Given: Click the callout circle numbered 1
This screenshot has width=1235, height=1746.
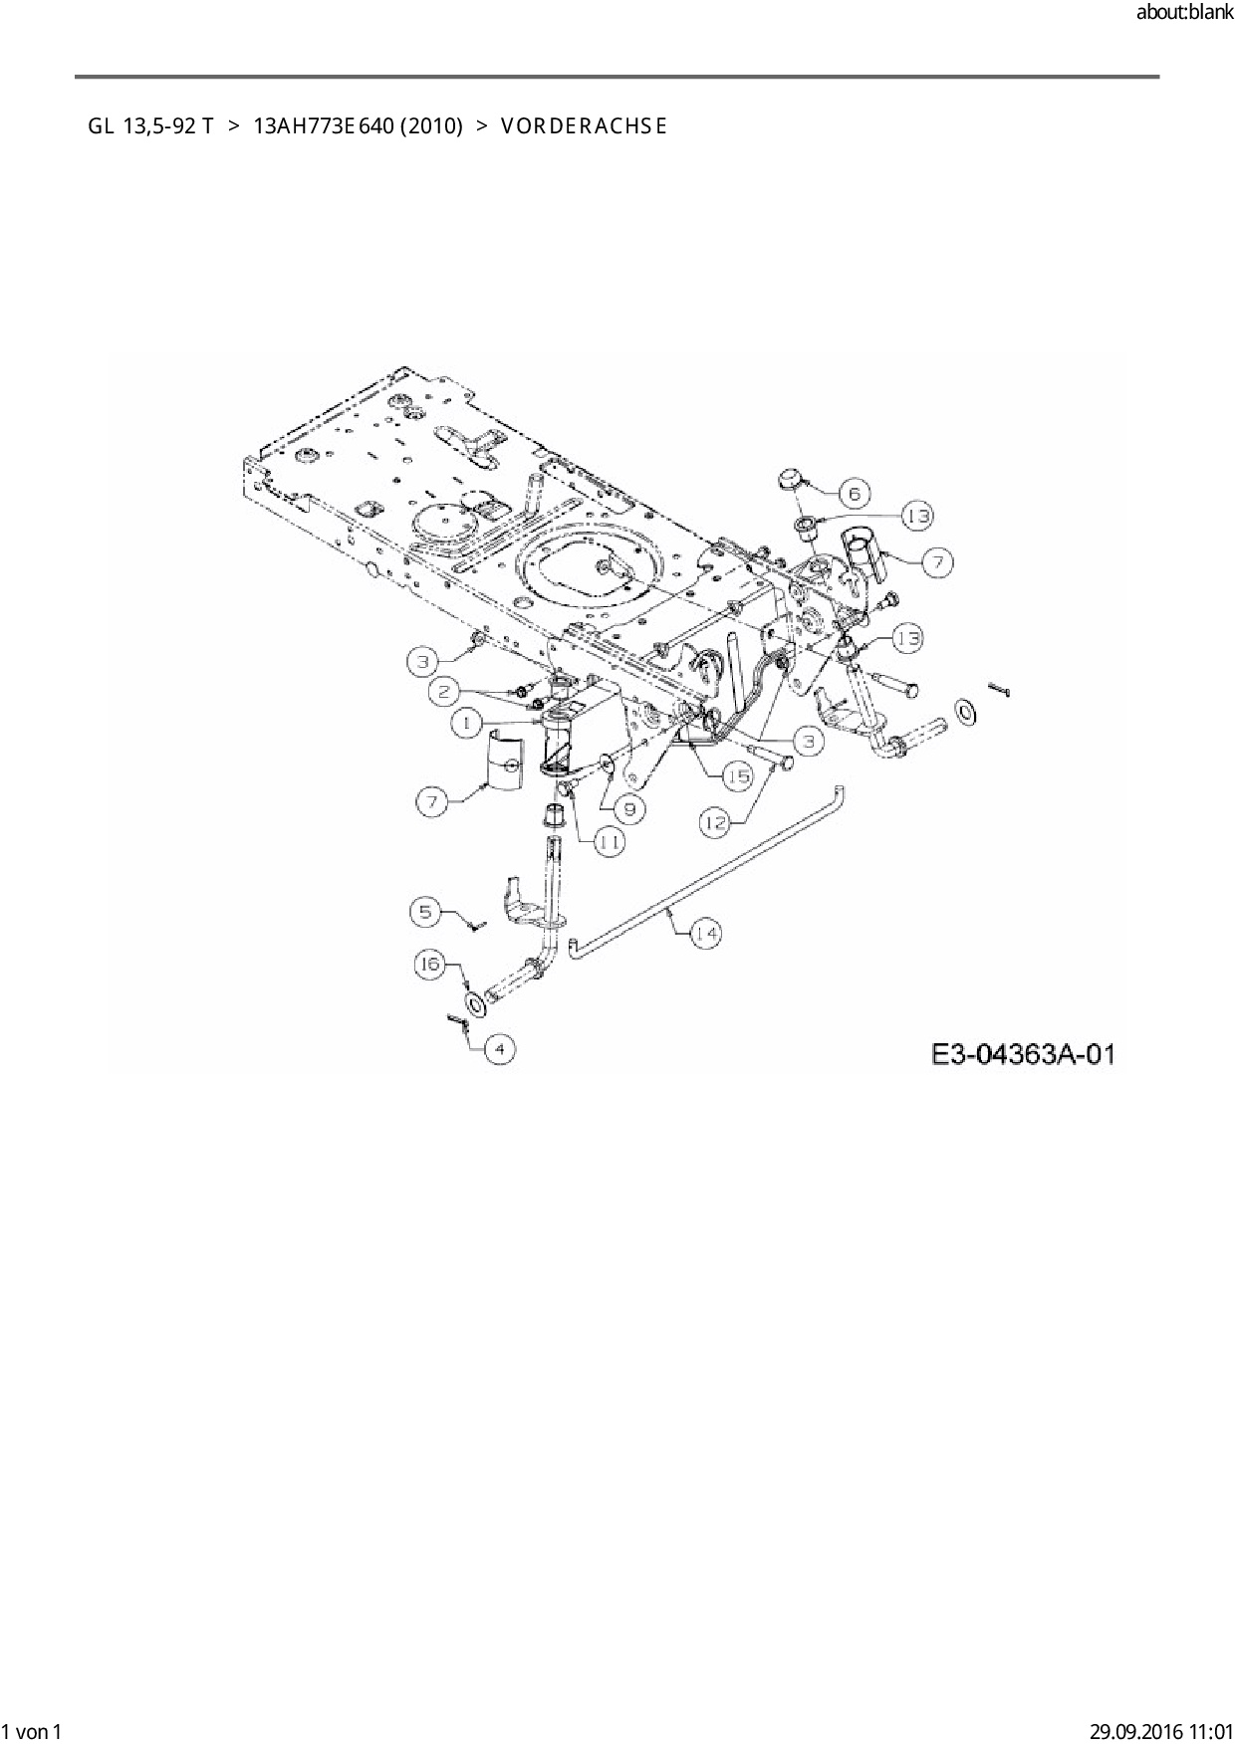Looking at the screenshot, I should [x=466, y=724].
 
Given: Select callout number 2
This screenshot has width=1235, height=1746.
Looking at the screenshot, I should [x=445, y=691].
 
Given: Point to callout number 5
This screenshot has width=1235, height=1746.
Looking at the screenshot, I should [x=425, y=910].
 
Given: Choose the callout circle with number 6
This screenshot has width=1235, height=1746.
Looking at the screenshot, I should [x=854, y=492].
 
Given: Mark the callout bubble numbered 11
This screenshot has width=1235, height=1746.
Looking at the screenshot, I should [x=610, y=841].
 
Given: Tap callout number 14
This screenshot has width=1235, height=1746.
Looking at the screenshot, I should [x=706, y=934].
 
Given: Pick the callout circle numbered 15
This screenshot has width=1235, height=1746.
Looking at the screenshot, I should [x=737, y=775].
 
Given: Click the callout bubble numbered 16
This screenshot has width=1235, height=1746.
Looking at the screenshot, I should [x=429, y=965].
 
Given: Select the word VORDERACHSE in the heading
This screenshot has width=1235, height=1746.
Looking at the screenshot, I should [x=584, y=126].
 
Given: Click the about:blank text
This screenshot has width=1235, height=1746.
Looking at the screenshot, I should [x=1184, y=13].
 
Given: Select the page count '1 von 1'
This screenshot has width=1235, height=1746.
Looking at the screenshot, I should [x=32, y=1731].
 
